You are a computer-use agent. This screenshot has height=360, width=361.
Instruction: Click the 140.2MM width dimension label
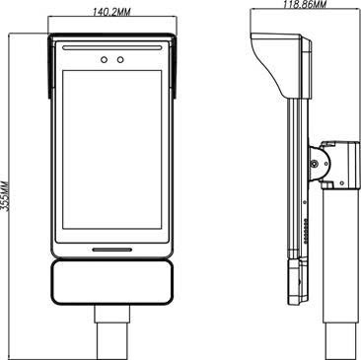[111, 12]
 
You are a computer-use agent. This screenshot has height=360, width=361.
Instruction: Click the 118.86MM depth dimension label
[305, 4]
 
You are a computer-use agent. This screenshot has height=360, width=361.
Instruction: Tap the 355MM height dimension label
[5, 195]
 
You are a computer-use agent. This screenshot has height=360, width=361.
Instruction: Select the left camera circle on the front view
[104, 59]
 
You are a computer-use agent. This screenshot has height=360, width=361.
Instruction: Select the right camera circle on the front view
[120, 59]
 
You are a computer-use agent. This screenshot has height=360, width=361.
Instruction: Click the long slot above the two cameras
[112, 47]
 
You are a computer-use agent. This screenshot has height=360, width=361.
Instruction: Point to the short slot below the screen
[112, 250]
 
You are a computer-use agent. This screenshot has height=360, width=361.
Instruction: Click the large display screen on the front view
[112, 150]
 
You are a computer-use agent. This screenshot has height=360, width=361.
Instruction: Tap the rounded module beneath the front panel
[111, 282]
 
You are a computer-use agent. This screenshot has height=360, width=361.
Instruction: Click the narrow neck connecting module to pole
[112, 314]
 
